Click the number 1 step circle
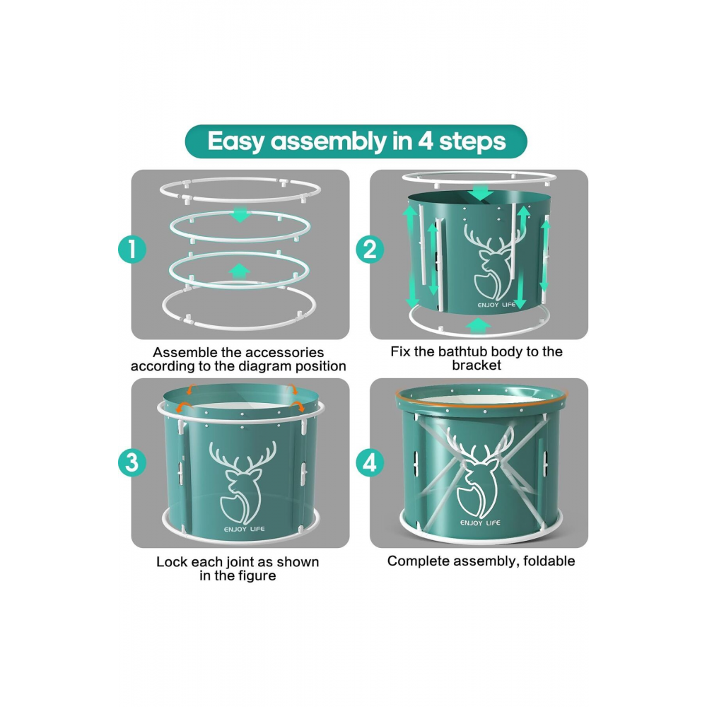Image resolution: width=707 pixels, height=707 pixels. (x=132, y=250)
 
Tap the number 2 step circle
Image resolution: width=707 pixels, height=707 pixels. (x=370, y=250)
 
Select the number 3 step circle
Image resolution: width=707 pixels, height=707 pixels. (x=132, y=462)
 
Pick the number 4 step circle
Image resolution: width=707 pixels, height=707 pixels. (x=370, y=462)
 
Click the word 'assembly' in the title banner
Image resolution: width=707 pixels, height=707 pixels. (x=329, y=141)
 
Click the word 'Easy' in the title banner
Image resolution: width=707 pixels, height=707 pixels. (x=236, y=141)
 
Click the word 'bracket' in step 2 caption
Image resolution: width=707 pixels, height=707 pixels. (x=477, y=365)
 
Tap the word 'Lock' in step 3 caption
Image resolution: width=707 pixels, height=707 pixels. (x=171, y=562)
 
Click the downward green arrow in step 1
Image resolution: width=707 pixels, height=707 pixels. (x=241, y=214)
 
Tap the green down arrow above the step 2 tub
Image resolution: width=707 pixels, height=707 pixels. (x=481, y=193)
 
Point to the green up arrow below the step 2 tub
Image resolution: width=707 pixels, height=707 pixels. (x=479, y=326)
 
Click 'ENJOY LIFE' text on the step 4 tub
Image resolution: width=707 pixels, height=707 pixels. (x=480, y=522)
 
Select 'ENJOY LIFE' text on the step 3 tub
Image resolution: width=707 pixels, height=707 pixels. (x=245, y=529)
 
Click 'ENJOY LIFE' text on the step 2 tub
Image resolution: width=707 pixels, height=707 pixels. (x=496, y=305)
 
